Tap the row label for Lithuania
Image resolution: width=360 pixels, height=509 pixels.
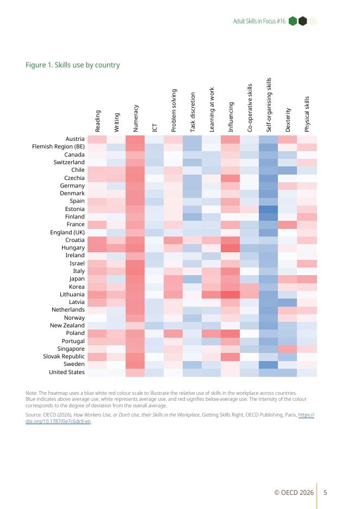(x=72, y=294)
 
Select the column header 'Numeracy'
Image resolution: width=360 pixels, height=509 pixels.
(x=135, y=118)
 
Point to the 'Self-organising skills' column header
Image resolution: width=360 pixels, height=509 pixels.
(x=269, y=105)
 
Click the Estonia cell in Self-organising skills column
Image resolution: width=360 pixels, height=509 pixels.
(x=268, y=209)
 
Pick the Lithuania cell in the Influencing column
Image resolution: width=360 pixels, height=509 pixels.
(x=230, y=294)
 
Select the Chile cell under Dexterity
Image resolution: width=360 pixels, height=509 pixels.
(x=287, y=170)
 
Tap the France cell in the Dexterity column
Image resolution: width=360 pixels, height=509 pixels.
(x=287, y=224)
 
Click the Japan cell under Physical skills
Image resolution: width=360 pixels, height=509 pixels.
(x=307, y=279)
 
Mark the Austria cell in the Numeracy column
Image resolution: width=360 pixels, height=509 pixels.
(x=135, y=139)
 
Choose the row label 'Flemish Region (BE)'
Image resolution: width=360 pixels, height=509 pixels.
(x=58, y=147)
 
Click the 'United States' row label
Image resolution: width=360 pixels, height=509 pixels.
(x=66, y=372)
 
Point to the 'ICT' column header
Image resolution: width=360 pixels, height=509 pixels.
(x=154, y=128)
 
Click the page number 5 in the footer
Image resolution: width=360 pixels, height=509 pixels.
(x=325, y=493)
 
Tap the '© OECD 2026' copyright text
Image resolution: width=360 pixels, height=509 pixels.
(x=294, y=493)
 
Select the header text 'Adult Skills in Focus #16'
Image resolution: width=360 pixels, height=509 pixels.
(x=259, y=21)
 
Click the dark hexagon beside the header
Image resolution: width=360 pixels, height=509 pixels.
(x=302, y=21)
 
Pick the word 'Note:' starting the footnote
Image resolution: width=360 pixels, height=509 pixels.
(x=32, y=393)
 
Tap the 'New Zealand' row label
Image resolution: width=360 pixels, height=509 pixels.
(x=67, y=325)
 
